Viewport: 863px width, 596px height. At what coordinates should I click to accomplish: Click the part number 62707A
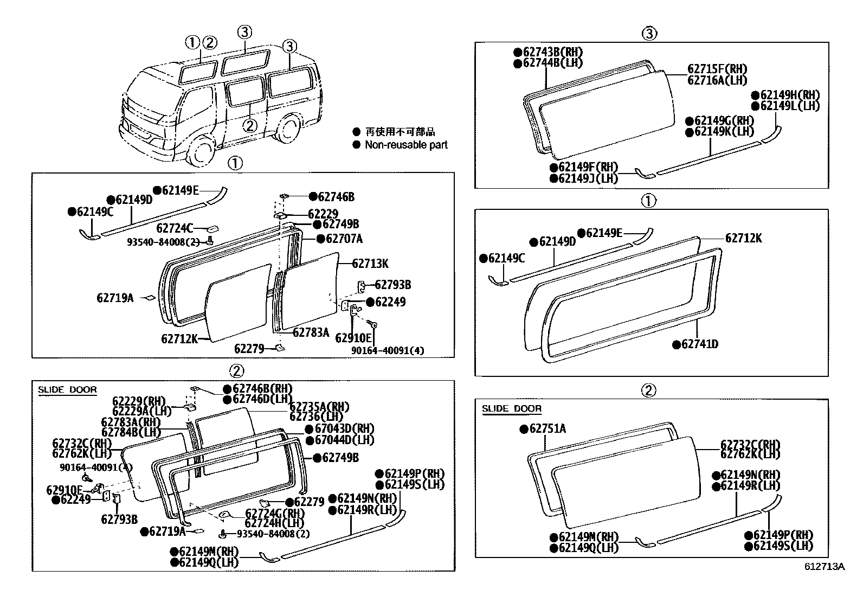[x=344, y=239]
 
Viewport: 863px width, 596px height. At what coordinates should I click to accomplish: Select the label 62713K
[x=370, y=264]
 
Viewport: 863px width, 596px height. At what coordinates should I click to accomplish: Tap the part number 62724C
[x=174, y=228]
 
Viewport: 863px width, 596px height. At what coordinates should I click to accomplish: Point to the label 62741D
[x=699, y=344]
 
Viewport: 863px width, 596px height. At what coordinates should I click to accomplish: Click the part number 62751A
[x=547, y=429]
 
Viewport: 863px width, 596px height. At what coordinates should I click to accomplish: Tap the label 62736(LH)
[x=317, y=416]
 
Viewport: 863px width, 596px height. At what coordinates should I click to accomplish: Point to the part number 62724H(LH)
[x=274, y=523]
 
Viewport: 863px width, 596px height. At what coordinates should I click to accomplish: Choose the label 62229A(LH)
[x=142, y=412]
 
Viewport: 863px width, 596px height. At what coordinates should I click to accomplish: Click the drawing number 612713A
[x=825, y=567]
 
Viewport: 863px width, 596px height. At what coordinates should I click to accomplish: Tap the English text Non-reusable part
[x=406, y=145]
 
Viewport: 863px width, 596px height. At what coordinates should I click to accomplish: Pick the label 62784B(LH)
[x=131, y=432]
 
